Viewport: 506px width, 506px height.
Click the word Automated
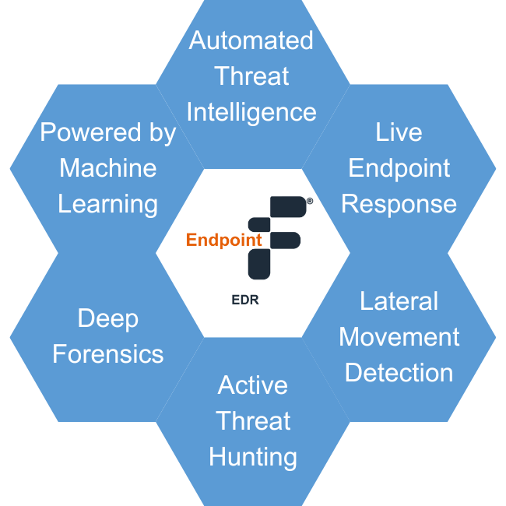tap(251, 40)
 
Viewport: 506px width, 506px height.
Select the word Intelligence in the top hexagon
tap(251, 112)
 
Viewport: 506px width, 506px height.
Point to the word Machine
tap(108, 168)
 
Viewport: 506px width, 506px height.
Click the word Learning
tap(108, 204)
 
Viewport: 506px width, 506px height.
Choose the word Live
tap(399, 132)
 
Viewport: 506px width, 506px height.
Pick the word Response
tap(399, 204)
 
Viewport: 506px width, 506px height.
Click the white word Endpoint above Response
tap(399, 168)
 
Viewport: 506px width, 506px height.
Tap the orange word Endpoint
tap(224, 241)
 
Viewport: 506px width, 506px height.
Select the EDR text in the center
tap(244, 299)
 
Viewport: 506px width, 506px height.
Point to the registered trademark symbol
tap(309, 201)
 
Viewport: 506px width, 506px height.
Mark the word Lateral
tap(399, 301)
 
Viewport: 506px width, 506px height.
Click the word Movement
tap(399, 337)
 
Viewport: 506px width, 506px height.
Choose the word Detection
tap(399, 373)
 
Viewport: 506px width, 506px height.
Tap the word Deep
tap(108, 318)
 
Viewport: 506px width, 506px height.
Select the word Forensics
tap(108, 354)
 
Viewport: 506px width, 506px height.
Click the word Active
tap(253, 385)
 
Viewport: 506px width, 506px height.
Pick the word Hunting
tap(253, 457)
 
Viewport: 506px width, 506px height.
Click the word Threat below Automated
tap(251, 76)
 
